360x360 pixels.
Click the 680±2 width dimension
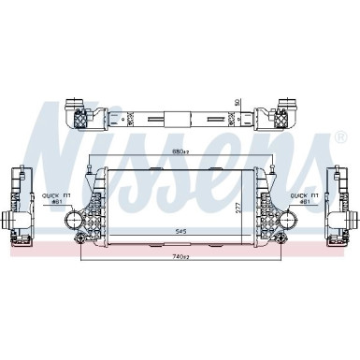point(180,151)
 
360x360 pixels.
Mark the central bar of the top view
point(180,120)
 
